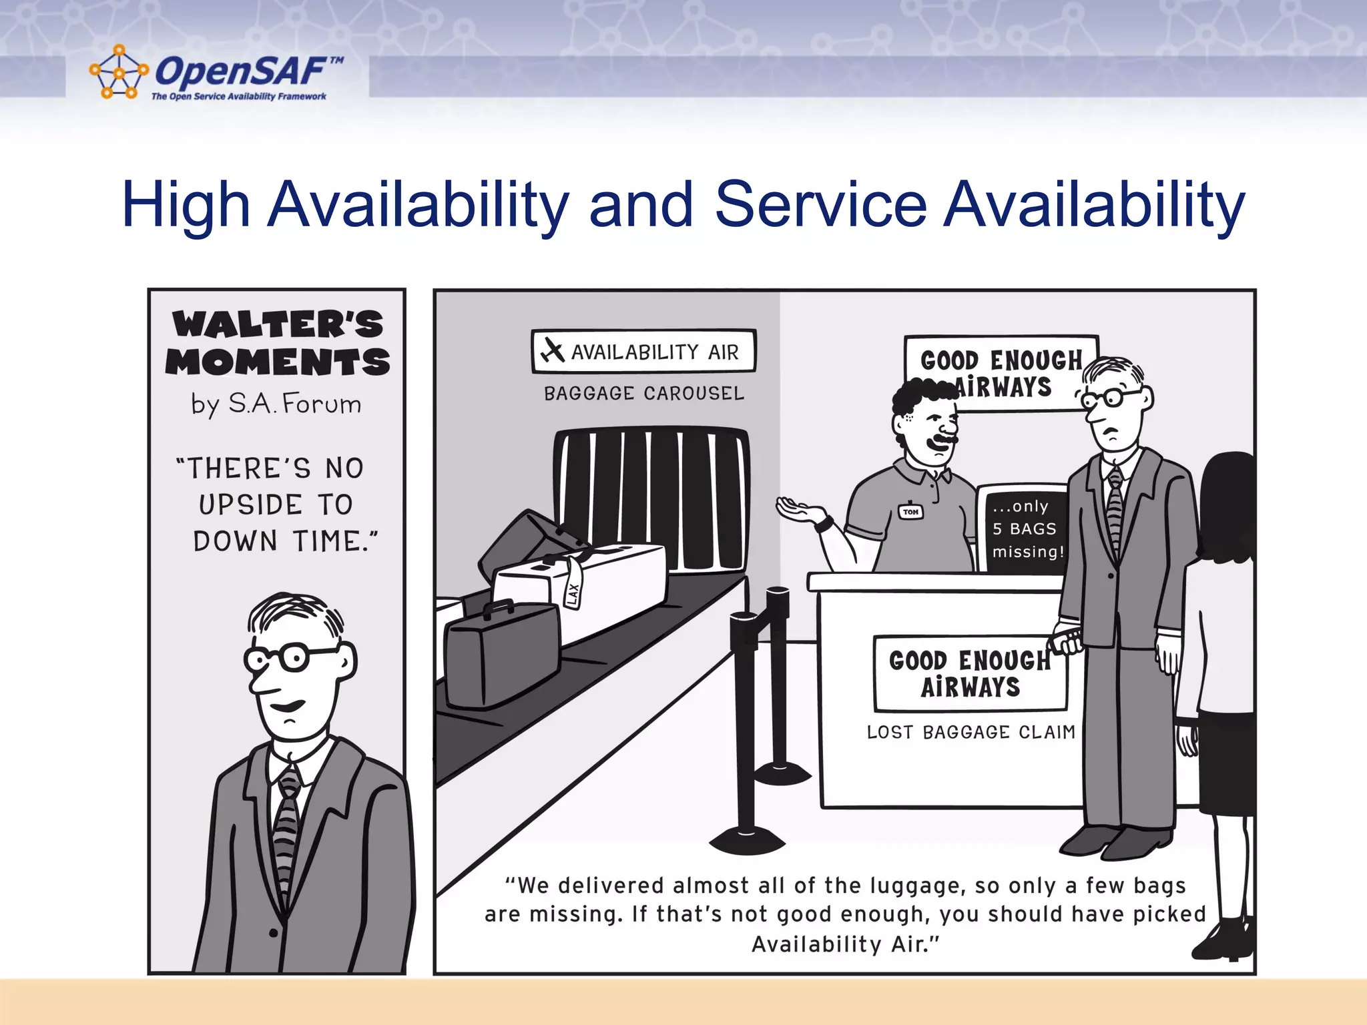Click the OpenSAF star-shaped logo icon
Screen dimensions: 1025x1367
(118, 72)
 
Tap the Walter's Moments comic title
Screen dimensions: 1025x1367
(278, 343)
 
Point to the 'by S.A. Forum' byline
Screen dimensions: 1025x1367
(276, 404)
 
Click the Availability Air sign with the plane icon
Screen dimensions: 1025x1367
(643, 351)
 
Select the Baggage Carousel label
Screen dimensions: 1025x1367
(643, 393)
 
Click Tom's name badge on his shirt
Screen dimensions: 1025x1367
(911, 512)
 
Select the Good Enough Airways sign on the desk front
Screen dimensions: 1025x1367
(969, 674)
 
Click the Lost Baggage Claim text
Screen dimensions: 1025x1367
(971, 732)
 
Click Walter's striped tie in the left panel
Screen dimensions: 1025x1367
(287, 834)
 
